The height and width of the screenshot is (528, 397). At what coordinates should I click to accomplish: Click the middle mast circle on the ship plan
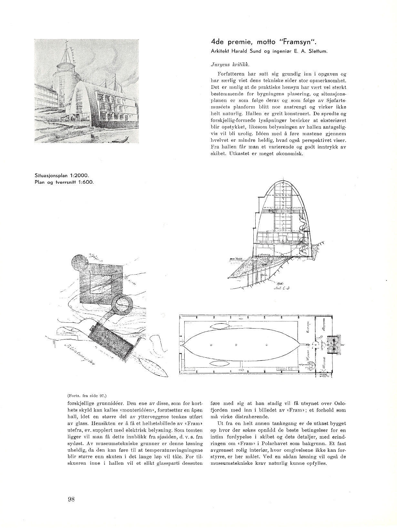pyautogui.click(x=236, y=345)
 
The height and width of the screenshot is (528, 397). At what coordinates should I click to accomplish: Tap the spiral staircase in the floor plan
pyautogui.click(x=312, y=367)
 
